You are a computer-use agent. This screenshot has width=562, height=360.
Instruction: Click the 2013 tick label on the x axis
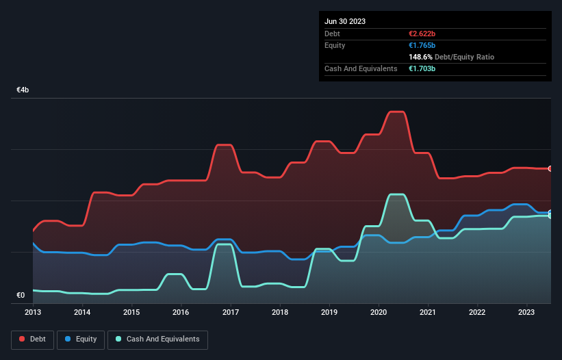(33, 312)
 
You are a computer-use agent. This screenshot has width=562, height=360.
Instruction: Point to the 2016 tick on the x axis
(181, 312)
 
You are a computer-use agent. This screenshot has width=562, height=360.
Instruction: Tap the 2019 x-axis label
(329, 312)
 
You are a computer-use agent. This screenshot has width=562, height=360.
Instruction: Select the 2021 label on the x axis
(429, 312)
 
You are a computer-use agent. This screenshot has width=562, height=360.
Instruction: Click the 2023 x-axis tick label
(527, 312)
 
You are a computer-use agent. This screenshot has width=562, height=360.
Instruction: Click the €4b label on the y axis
(23, 90)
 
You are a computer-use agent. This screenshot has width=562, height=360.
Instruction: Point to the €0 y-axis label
(21, 296)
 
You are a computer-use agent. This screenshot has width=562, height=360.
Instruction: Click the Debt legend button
(34, 339)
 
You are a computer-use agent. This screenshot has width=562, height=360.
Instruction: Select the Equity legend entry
(81, 339)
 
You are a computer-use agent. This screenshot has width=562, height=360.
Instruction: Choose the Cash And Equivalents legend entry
(157, 339)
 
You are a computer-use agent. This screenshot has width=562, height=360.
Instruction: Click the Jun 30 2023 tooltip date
(345, 21)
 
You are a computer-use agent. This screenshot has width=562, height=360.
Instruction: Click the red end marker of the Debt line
(550, 168)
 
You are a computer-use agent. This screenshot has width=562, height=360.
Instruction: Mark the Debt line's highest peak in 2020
(396, 112)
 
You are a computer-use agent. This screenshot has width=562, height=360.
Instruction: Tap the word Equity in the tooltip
(335, 45)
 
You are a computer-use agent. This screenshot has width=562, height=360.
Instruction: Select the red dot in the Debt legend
(22, 339)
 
